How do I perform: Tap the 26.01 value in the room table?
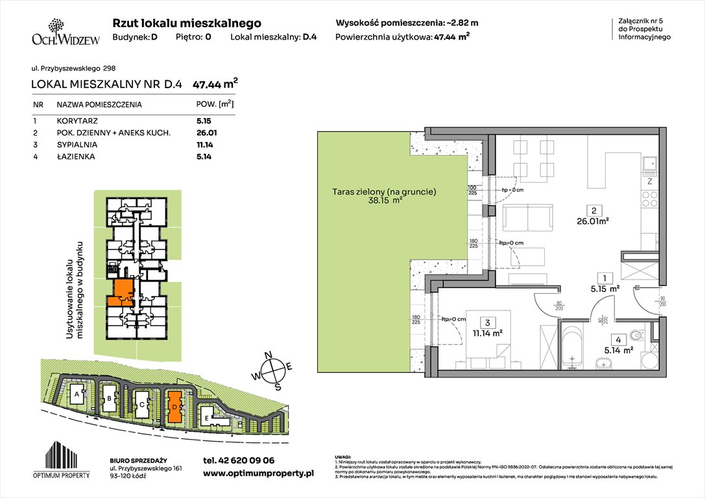(205, 133)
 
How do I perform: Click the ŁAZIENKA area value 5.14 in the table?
(204, 156)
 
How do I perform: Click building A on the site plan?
(77, 394)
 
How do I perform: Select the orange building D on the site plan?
(174, 406)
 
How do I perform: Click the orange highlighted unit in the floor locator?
(120, 291)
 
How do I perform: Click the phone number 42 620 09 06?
(239, 460)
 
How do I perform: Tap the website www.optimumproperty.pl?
(258, 474)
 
